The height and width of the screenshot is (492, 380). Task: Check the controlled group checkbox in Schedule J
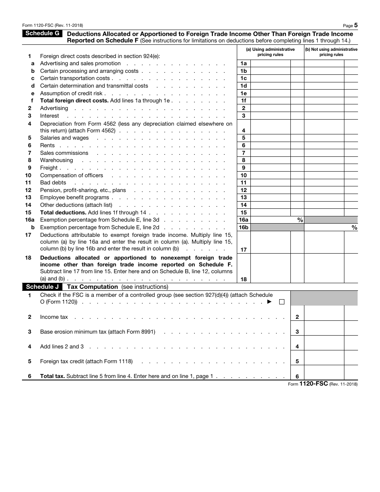click(x=282, y=302)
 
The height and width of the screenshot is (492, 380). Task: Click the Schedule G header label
click(x=42, y=34)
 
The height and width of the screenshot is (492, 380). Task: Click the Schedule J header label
click(x=42, y=287)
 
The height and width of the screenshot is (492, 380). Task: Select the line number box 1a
click(x=244, y=64)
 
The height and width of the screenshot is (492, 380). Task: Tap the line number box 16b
click(x=244, y=228)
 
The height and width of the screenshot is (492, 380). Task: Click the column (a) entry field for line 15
click(x=270, y=213)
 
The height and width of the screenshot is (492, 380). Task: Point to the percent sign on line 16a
click(x=300, y=220)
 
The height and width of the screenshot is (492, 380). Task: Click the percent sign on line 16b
click(x=354, y=228)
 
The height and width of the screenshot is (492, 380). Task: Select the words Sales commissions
click(x=64, y=153)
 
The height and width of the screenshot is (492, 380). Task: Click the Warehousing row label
click(x=56, y=160)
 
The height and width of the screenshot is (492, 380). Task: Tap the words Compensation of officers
click(x=72, y=175)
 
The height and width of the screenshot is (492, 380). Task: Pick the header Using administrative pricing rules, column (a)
click(x=270, y=52)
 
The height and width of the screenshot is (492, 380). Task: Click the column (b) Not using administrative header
click(x=331, y=52)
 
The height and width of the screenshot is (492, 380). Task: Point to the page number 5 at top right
click(x=356, y=25)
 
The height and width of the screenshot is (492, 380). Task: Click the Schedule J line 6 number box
click(x=297, y=376)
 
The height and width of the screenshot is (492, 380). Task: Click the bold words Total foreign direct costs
click(x=74, y=101)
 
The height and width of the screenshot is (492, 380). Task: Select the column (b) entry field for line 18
click(x=324, y=268)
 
